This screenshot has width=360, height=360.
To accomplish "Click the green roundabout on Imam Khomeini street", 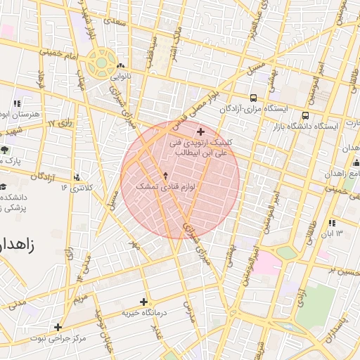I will (x=102, y=63).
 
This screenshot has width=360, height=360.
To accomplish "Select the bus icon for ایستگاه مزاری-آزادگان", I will (x=253, y=98).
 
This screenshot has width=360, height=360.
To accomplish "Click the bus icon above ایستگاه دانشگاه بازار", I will (x=305, y=115).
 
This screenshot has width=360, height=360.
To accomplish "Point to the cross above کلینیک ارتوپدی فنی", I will (x=200, y=131).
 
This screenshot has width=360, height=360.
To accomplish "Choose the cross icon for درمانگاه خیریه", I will (x=144, y=302).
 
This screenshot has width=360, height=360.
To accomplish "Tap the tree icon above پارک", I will (x=6, y=150).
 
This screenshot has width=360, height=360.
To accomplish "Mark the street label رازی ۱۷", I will (x=61, y=124).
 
